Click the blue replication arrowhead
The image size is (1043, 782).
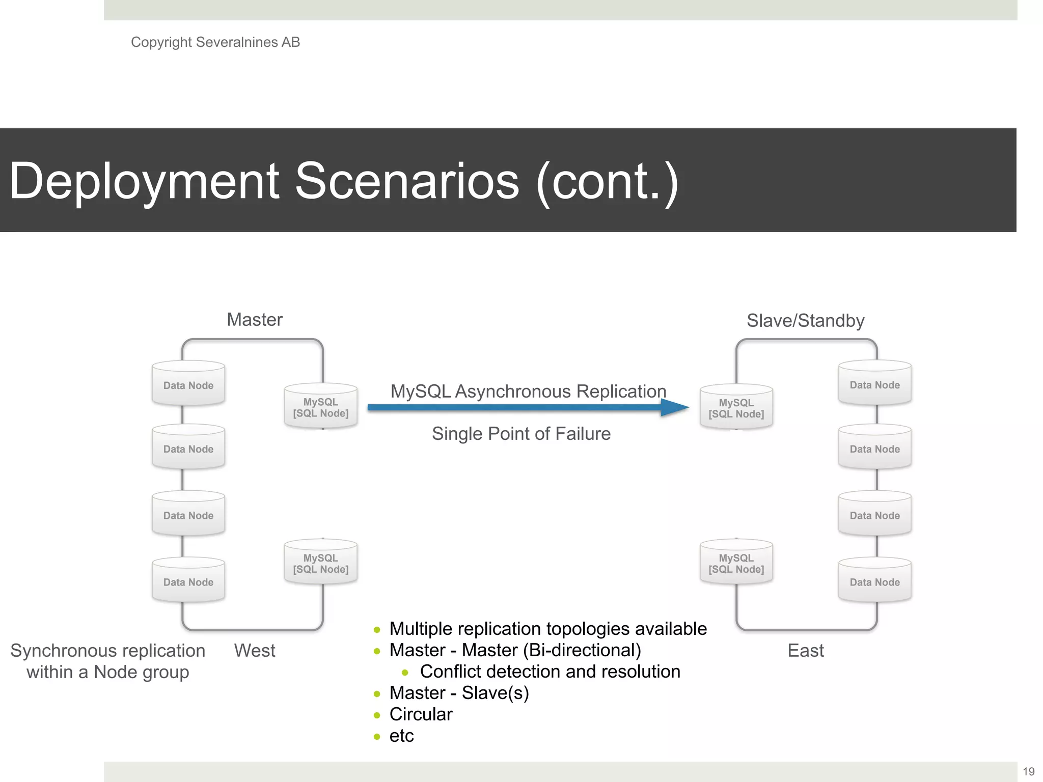(675, 407)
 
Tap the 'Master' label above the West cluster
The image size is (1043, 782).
(254, 320)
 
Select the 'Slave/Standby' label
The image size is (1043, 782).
(805, 321)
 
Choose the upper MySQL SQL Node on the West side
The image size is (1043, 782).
(321, 407)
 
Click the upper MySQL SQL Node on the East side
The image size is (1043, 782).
(736, 407)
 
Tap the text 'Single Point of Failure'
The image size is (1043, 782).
(521, 434)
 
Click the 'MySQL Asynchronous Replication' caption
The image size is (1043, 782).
(528, 392)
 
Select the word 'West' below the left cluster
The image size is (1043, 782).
(254, 651)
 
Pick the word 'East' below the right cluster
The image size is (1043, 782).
(805, 651)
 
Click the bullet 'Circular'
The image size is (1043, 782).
(421, 714)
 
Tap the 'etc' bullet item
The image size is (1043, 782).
(401, 736)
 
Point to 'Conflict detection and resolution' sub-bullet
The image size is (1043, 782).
(550, 672)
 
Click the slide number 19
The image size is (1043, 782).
(1028, 771)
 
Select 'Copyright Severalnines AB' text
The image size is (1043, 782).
(215, 42)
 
